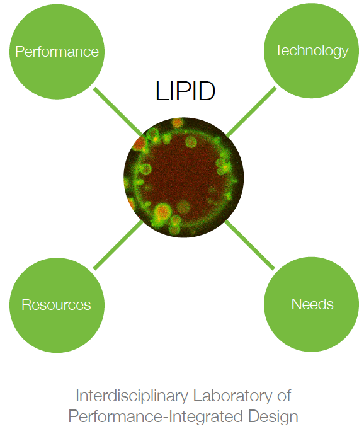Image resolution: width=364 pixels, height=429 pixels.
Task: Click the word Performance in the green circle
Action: [x=57, y=52]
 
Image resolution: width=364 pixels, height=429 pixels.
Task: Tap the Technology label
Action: [x=311, y=51]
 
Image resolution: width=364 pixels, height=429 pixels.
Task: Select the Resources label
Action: [x=56, y=305]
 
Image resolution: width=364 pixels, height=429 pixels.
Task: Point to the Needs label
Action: [x=312, y=304]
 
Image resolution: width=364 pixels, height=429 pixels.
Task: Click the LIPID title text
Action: [x=185, y=91]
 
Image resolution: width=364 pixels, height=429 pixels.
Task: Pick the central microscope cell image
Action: [x=183, y=178]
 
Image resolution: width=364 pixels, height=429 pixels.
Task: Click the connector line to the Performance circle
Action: [x=118, y=112]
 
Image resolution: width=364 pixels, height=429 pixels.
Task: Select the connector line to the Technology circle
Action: [x=251, y=112]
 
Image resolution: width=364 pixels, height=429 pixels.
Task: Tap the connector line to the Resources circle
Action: [x=118, y=245]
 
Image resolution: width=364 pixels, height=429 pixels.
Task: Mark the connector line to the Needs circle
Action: [x=249, y=245]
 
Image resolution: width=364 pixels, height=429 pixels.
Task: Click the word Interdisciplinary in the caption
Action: [x=132, y=396]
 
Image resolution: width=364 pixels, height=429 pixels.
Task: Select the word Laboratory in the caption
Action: [x=233, y=396]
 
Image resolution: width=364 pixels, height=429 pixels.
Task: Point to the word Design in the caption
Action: [x=273, y=416]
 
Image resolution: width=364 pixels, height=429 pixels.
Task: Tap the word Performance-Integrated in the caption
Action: [x=156, y=416]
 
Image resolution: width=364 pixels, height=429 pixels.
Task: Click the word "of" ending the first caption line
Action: [x=284, y=396]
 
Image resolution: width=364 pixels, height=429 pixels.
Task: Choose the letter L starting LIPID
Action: [x=161, y=91]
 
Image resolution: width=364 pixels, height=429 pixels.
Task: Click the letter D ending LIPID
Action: [x=206, y=91]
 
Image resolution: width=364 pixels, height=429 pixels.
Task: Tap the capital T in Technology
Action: [x=279, y=50]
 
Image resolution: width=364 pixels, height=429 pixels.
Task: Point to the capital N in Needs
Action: [x=297, y=304]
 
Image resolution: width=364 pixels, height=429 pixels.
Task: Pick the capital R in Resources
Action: [x=26, y=305]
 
